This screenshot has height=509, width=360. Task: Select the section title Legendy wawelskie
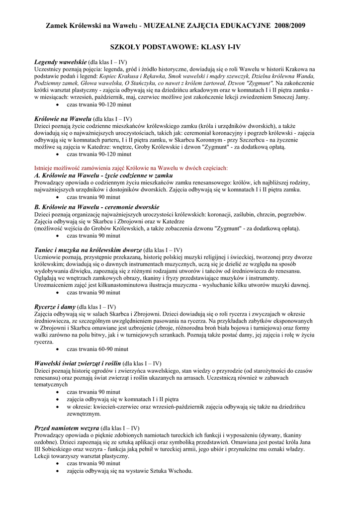[x=60, y=61]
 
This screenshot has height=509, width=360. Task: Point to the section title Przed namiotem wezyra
[x=66, y=427]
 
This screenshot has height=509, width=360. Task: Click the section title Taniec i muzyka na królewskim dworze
[x=88, y=250]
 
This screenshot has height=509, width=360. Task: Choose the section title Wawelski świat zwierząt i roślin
[x=77, y=363]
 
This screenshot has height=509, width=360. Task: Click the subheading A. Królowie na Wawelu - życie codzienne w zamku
[x=103, y=175]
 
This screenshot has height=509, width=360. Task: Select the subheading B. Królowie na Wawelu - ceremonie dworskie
[x=96, y=206]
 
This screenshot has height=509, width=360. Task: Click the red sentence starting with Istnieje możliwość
[x=131, y=168]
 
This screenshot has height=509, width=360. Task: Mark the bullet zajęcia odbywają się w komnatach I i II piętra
[x=122, y=399]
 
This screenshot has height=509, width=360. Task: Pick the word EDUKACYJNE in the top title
[x=240, y=25]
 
